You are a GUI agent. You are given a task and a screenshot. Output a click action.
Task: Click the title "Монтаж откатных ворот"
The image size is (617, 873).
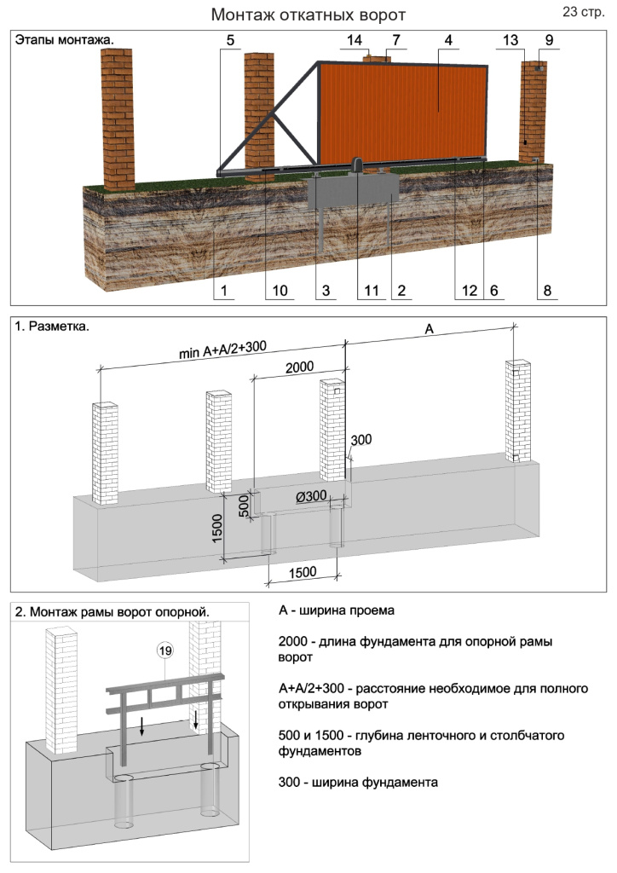pyautogui.click(x=308, y=15)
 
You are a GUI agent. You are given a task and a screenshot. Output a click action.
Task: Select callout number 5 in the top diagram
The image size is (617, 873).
pyautogui.click(x=229, y=41)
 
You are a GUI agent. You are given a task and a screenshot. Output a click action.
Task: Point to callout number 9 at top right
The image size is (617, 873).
pyautogui.click(x=548, y=41)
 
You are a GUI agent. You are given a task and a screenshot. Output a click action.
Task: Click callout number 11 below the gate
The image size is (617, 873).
pyautogui.click(x=370, y=291)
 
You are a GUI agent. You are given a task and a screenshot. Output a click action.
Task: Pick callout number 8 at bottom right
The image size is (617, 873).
pyautogui.click(x=547, y=291)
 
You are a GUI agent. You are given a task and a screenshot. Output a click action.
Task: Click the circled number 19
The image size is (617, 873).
pyautogui.click(x=165, y=651)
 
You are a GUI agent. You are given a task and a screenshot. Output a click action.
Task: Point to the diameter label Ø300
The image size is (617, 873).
pyautogui.click(x=313, y=496)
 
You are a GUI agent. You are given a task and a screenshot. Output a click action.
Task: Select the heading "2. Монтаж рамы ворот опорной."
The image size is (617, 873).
pyautogui.click(x=112, y=611)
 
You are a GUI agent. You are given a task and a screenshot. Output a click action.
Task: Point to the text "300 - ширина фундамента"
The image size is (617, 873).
pyautogui.click(x=358, y=781)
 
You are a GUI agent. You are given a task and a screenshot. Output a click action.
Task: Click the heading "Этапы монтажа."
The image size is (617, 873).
pyautogui.click(x=65, y=39)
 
